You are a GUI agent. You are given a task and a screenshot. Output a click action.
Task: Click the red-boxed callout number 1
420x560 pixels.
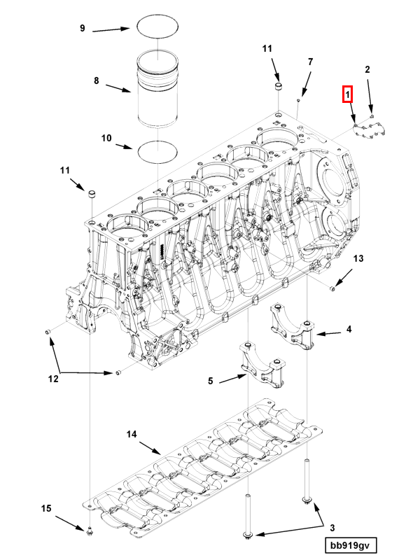pos(346,94)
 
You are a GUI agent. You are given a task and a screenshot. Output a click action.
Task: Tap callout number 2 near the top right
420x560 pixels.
pos(367,69)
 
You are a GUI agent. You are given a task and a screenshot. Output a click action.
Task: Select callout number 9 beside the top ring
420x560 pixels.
pos(82,28)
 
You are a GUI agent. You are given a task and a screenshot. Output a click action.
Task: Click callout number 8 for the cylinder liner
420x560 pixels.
pos(97,81)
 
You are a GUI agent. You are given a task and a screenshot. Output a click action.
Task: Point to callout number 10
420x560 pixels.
pos(106,139)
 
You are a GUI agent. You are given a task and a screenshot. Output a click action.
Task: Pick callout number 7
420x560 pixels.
pos(310,62)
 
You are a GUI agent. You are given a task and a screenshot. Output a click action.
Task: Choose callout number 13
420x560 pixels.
pos(358,259)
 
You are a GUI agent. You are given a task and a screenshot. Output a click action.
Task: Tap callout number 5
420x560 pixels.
pos(210,381)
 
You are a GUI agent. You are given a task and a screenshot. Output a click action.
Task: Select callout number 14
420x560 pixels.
pos(131,435)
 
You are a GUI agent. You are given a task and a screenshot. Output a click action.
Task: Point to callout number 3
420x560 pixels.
pos(332,527)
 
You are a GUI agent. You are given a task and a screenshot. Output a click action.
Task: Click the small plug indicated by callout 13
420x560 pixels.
pos(332,288)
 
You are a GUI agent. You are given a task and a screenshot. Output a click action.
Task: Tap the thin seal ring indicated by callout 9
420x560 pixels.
pos(155,26)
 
